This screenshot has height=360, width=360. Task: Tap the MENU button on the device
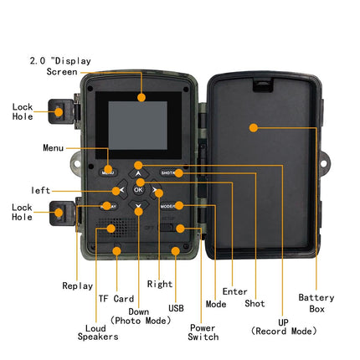(108, 171)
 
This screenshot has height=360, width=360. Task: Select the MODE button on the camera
(167, 206)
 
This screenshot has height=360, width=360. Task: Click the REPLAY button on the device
(108, 206)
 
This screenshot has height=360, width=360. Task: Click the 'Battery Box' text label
(316, 303)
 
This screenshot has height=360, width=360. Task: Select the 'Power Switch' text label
(203, 332)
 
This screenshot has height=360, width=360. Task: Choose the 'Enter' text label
(235, 291)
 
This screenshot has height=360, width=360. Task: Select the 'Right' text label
(159, 285)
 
